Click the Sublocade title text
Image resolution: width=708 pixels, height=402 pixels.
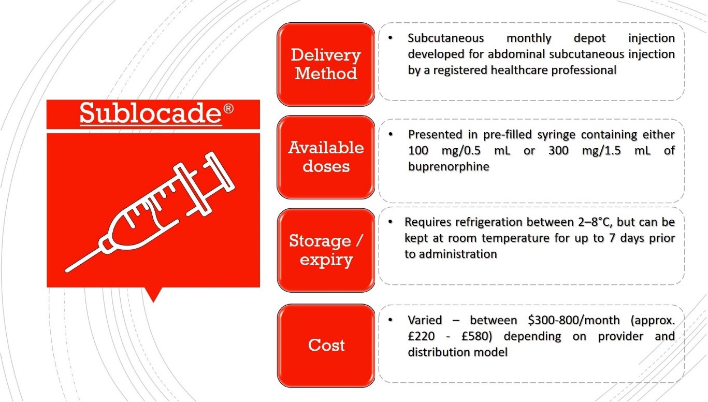tap(151, 113)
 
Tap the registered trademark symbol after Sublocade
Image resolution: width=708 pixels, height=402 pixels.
tap(228, 108)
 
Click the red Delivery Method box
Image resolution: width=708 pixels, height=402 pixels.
tap(326, 64)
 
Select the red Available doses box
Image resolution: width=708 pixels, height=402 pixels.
tap(326, 157)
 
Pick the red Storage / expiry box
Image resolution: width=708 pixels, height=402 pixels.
tap(326, 250)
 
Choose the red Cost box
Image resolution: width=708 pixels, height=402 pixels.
tap(326, 346)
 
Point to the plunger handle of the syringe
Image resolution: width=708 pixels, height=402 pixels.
tap(220, 172)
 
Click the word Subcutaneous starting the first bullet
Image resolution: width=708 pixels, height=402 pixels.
tap(445, 38)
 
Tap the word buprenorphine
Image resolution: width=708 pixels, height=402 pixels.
tap(449, 167)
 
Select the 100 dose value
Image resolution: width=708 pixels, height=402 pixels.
tap(418, 150)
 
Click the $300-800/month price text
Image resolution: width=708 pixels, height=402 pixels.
tap(574, 321)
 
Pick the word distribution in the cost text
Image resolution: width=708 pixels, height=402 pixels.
tap(437, 352)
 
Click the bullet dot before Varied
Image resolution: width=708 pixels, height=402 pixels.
tap(391, 320)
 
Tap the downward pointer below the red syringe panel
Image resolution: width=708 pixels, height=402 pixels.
tap(153, 294)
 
